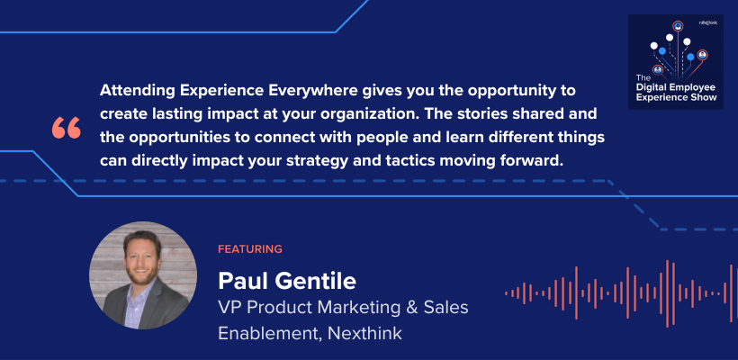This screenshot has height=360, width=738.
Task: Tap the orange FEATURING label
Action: point(250,248)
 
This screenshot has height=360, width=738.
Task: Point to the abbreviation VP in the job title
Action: point(230,307)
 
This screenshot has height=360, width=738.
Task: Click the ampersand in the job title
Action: point(399,307)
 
